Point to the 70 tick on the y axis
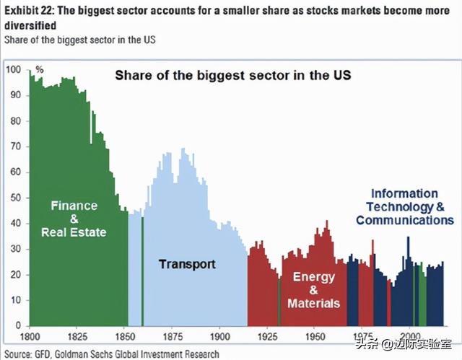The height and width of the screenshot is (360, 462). [15, 146]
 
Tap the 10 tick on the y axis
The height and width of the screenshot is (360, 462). [15, 299]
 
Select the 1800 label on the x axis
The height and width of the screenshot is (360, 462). [30, 335]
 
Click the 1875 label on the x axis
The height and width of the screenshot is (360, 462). [172, 335]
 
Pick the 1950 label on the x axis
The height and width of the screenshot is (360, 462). [314, 335]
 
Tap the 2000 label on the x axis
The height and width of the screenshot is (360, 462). [409, 335]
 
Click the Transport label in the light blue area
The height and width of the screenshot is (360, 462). [187, 264]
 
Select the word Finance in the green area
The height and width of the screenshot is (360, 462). [74, 206]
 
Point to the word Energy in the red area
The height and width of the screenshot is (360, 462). [313, 276]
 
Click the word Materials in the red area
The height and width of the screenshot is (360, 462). [313, 303]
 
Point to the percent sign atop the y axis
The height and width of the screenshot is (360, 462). [40, 69]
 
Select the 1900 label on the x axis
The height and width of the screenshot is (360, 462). [219, 335]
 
